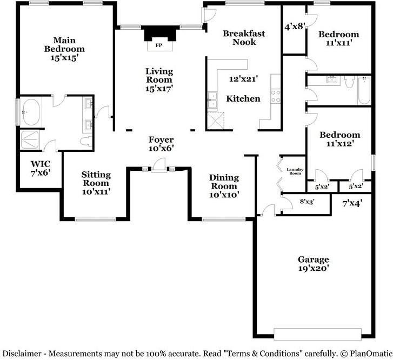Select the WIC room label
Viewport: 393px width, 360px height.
[x=40, y=164]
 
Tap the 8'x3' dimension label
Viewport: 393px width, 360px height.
[x=307, y=202]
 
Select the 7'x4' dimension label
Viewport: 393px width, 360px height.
[x=352, y=204]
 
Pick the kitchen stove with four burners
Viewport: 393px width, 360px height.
[x=276, y=96]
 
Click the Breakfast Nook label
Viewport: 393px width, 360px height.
[x=244, y=37]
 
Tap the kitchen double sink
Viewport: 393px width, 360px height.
[x=213, y=101]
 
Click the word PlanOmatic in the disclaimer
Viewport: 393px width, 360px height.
[x=367, y=354]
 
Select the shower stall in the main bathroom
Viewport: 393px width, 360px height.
[x=30, y=139]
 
